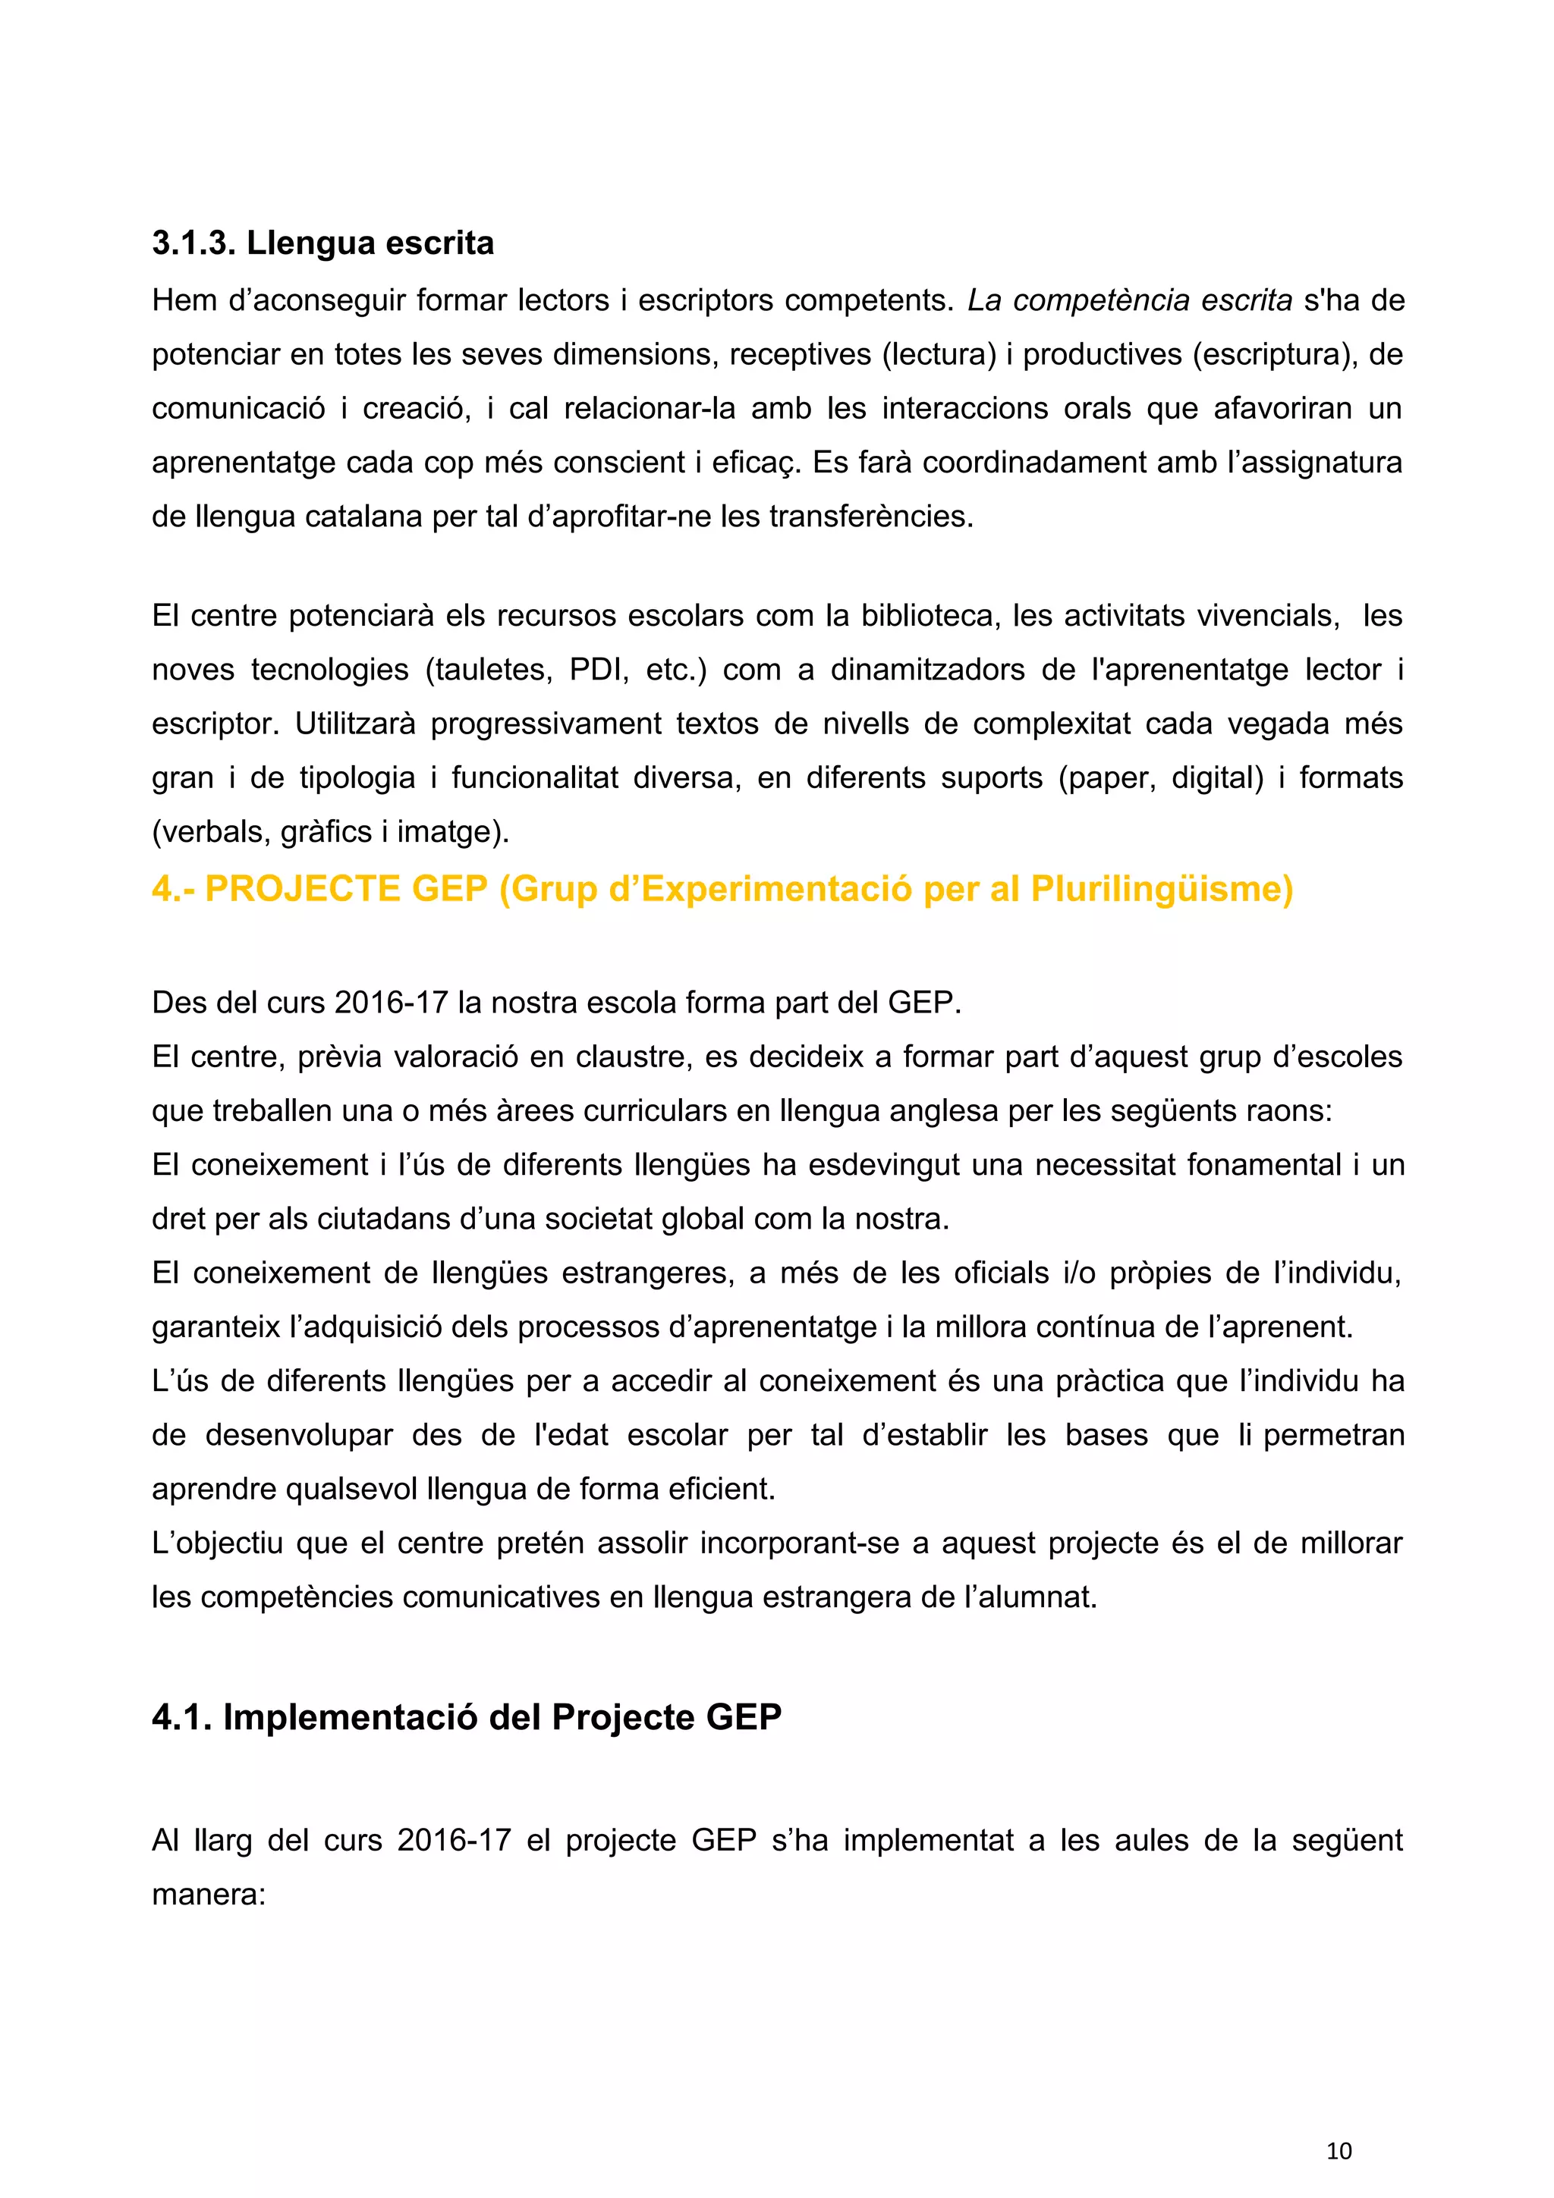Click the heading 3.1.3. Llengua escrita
coord(322,243)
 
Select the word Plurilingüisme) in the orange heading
coord(1162,890)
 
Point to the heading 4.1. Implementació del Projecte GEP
coord(467,1716)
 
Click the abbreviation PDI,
coord(599,669)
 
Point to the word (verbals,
coord(208,831)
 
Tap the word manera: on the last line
coord(208,1895)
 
